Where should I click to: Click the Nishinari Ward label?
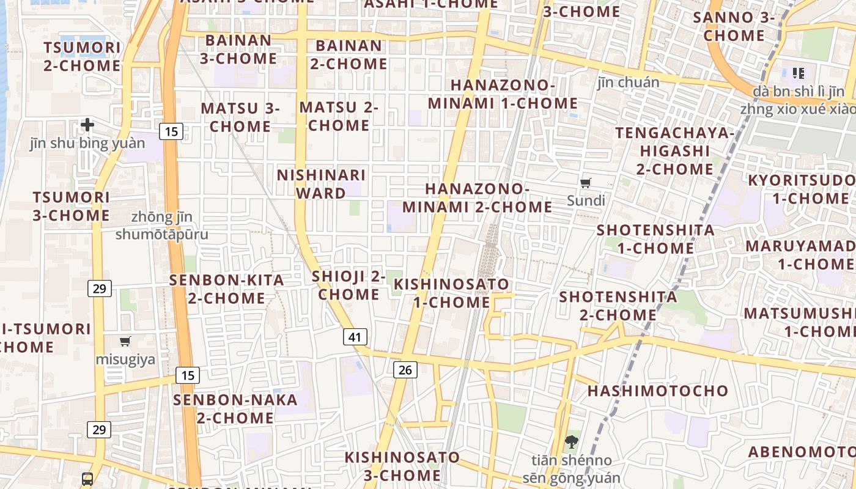coord(321,184)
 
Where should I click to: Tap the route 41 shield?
coord(355,336)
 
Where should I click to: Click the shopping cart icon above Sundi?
coord(586,182)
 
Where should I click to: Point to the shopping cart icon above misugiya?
coord(125,341)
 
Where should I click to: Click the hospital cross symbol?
coord(87,125)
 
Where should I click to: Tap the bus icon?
coord(87,479)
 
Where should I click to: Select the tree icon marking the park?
coord(572,441)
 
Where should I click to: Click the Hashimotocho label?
coord(658,391)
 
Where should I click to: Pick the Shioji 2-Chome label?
coord(349,285)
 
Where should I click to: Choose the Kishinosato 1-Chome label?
coord(451,293)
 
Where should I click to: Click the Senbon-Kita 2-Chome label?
coord(226,289)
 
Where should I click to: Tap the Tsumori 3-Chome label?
coord(71,206)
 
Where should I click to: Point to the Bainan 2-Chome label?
coord(349,54)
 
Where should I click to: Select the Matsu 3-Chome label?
coord(240,117)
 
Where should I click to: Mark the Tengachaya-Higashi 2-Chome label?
coord(675,150)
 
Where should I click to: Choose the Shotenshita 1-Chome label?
coord(655,239)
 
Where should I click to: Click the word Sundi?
coord(586,200)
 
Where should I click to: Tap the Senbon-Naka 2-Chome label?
coord(235,409)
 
